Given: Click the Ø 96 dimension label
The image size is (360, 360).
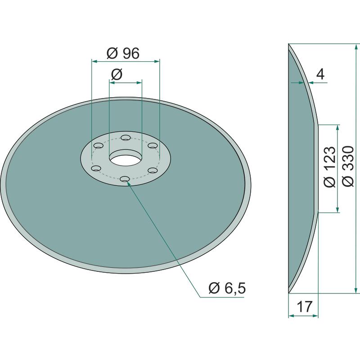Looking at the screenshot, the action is [123, 53].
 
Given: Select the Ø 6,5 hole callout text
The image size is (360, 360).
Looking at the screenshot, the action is [227, 288].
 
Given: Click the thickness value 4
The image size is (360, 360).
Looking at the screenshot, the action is [320, 74].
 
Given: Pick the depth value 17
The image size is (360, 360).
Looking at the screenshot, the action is [305, 306].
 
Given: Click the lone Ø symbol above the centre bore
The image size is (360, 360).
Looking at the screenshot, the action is [117, 74].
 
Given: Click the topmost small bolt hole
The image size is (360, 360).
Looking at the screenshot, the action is [126, 138].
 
